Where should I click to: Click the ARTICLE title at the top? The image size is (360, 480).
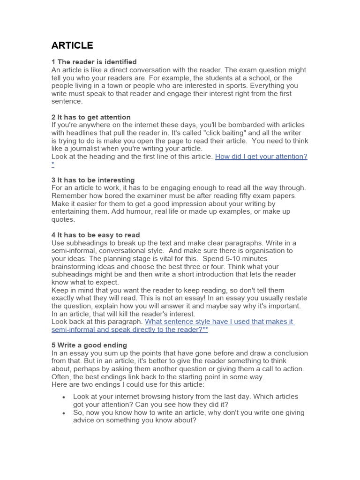(x=72, y=45)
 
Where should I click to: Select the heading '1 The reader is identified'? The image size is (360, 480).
(x=94, y=62)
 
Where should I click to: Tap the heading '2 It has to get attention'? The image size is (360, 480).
(x=91, y=117)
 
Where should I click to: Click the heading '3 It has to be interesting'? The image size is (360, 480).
(x=93, y=180)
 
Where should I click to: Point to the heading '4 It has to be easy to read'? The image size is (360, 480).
(x=96, y=235)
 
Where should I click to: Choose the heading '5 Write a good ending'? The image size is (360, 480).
(x=89, y=345)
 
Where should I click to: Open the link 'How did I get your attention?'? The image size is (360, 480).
(x=261, y=157)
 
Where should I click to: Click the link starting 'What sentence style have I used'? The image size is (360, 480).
(x=219, y=322)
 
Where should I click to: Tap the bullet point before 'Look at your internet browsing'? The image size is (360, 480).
(x=64, y=397)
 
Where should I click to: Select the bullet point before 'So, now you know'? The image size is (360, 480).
(x=64, y=413)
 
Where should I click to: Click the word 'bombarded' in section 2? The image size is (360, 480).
(x=241, y=125)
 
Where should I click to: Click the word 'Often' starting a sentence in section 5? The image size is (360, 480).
(x=60, y=377)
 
